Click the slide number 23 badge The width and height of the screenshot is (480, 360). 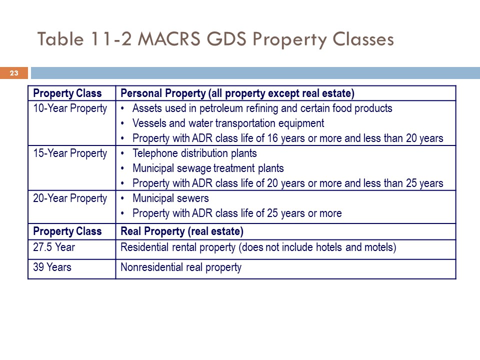point(14,73)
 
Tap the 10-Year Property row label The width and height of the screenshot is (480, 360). point(70,108)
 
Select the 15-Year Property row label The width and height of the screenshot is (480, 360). point(70,153)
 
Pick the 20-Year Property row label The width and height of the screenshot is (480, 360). point(70,198)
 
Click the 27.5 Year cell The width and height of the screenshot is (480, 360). point(54,247)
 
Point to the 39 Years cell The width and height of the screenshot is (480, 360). point(52,267)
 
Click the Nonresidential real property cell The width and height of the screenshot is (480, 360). point(181,267)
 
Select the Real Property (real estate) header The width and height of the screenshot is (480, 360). point(182,231)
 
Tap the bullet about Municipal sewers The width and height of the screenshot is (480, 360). point(170,198)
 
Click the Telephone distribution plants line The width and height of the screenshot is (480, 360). point(194,153)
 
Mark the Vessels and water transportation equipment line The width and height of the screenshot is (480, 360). point(228,123)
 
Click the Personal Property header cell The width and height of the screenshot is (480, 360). point(237,93)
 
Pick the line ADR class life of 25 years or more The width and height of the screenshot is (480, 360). point(237,213)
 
